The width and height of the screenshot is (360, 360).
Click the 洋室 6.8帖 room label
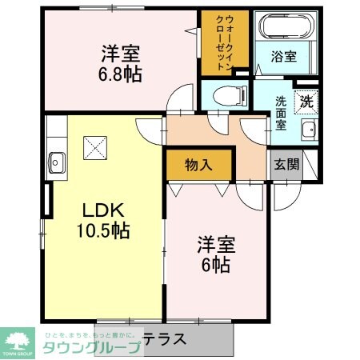point(121,65)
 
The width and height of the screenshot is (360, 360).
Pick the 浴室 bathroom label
point(285,57)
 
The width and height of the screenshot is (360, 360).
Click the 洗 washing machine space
point(306,101)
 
